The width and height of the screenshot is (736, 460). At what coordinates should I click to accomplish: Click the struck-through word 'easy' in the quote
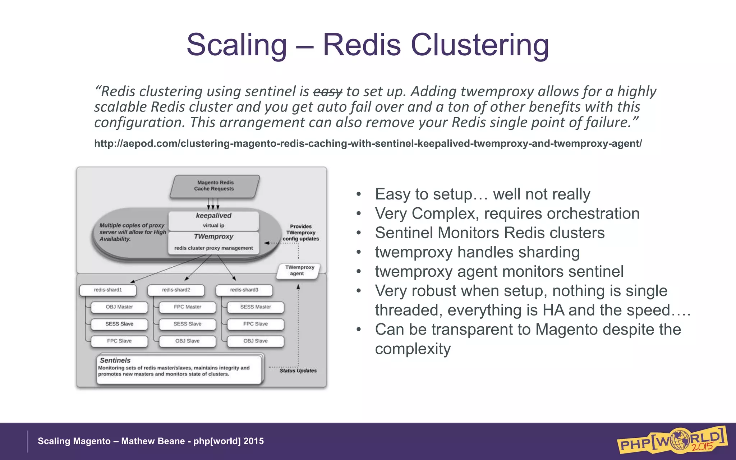coord(327,92)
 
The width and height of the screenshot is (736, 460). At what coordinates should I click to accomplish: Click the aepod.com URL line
coord(368,143)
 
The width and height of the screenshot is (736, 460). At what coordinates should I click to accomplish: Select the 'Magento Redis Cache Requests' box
coord(215,186)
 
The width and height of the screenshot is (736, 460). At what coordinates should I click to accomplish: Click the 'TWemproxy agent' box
coord(298,271)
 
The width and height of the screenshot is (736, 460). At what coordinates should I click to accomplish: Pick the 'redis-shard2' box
coord(176,290)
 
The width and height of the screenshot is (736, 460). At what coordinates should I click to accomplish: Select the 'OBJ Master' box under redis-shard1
coord(119,307)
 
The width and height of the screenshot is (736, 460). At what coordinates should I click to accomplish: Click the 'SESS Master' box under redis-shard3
coord(256,307)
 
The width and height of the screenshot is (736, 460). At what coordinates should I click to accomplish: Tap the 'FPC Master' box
coord(187,307)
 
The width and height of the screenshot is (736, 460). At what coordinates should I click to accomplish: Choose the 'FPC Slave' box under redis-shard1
coord(119,341)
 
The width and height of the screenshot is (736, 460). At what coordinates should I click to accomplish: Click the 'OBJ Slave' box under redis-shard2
coord(187,341)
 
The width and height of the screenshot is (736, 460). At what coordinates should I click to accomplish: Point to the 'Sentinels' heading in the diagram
coord(115,360)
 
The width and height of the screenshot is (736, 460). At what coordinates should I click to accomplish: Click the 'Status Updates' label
coord(298,371)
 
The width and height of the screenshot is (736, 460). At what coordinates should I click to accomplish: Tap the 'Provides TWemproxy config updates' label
coord(301,233)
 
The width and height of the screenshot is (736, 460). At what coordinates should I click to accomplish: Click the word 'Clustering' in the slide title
coord(479,45)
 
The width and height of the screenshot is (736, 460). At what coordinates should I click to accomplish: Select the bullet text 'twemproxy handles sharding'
coord(477,252)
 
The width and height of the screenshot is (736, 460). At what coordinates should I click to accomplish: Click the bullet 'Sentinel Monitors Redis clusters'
coord(489,233)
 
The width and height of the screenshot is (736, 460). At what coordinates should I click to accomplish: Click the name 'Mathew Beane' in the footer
coord(153,441)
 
